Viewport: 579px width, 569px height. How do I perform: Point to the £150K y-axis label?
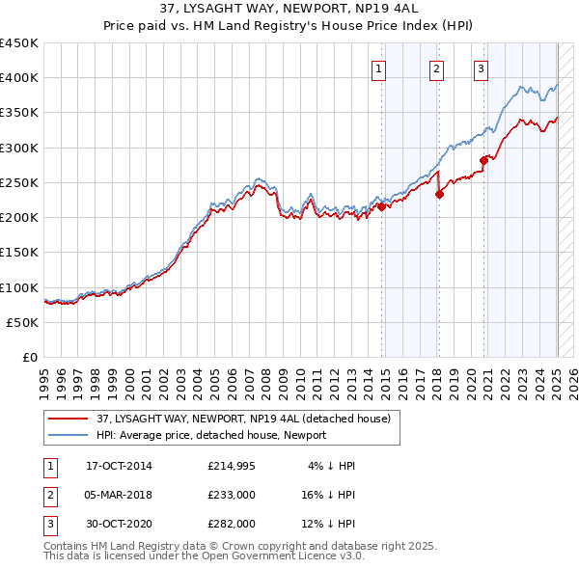click(19, 252)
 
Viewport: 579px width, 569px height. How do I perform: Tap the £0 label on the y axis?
click(30, 357)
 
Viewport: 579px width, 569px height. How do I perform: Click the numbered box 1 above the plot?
click(378, 68)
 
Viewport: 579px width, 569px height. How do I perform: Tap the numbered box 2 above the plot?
click(436, 68)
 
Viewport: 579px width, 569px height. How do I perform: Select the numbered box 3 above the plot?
click(481, 68)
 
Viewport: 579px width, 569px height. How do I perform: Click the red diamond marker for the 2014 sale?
click(382, 206)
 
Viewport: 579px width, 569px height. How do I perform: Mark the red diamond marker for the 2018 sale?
click(440, 194)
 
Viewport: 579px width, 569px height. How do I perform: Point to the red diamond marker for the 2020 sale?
click(484, 160)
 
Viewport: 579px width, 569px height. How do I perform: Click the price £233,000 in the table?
click(231, 495)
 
